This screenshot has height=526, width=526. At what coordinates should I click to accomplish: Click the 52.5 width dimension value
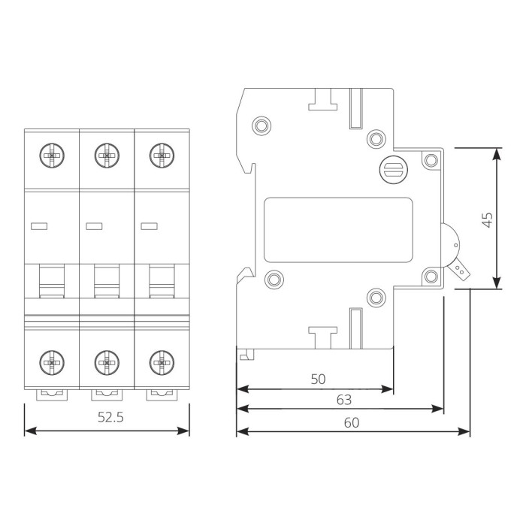tap(110, 417)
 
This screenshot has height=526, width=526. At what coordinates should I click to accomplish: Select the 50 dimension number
tap(318, 379)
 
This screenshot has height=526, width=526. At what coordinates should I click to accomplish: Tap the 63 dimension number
tap(344, 400)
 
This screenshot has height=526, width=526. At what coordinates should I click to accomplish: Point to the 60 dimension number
tap(352, 422)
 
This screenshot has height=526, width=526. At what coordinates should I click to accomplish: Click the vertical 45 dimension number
tap(488, 219)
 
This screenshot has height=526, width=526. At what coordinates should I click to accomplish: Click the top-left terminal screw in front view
tap(52, 156)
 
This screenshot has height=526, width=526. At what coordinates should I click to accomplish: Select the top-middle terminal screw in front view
tap(107, 156)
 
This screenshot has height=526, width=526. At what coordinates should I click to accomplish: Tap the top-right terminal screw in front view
tap(162, 156)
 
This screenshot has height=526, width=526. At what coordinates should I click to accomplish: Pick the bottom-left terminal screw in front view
tap(52, 363)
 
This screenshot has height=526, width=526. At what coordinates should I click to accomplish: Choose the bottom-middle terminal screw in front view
tap(107, 363)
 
